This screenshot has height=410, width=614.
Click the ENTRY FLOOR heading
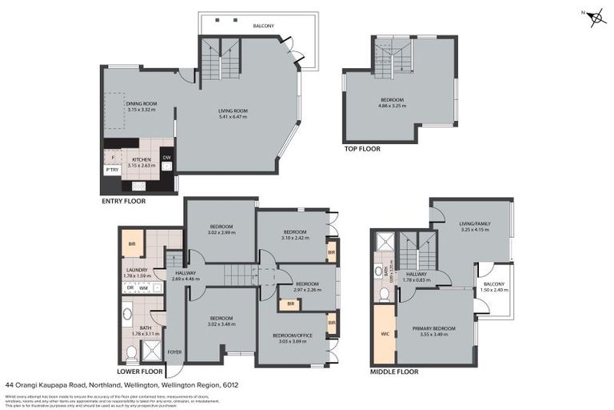coord(124,201)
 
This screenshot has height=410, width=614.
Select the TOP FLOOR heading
coord(362,148)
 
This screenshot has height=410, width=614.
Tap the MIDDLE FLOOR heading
coord(394,372)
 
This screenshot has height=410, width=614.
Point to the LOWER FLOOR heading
coord(140,372)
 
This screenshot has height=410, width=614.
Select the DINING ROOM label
coord(140,106)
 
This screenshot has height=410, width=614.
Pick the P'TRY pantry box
coord(112,170)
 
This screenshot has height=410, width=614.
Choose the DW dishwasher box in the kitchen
coord(166,158)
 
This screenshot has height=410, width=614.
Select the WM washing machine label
coord(143,287)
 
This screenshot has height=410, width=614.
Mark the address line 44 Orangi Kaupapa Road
coord(121,384)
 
